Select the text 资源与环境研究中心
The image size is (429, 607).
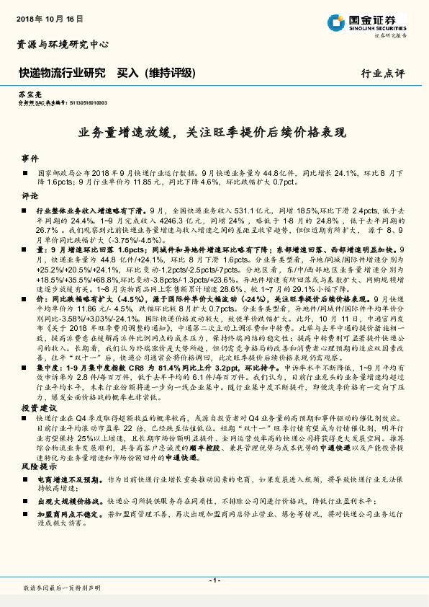[63, 44]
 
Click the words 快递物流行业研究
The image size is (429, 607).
[62, 72]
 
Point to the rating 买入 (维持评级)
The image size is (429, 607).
[157, 72]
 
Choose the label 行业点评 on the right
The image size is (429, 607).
[383, 73]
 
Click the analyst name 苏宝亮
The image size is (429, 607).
[26, 95]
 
